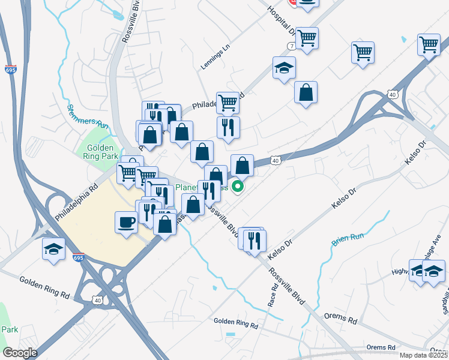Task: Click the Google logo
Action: click(x=20, y=353)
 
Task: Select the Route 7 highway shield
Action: click(x=291, y=46)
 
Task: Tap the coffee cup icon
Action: click(x=126, y=221)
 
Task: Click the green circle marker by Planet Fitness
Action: click(x=238, y=187)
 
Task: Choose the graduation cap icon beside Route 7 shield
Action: click(x=284, y=68)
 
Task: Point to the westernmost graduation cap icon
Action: click(x=53, y=249)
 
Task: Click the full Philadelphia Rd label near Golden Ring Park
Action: click(x=76, y=202)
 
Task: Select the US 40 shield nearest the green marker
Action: click(x=274, y=160)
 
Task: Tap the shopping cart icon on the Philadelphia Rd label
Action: click(x=228, y=103)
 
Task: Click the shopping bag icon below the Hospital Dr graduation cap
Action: click(x=306, y=92)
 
